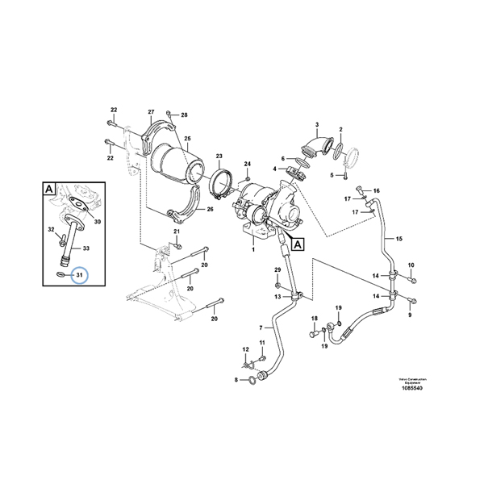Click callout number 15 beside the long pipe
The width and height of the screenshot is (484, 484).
[398, 240]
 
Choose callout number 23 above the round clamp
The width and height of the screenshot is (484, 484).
[219, 156]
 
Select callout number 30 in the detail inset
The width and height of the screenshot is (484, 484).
[97, 221]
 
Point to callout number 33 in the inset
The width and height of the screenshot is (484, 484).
[86, 248]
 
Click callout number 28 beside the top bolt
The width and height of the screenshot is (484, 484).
[183, 115]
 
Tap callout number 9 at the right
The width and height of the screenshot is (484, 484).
[410, 315]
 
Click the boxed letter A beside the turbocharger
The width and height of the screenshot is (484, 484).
[298, 242]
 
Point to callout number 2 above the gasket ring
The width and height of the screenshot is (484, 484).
[340, 129]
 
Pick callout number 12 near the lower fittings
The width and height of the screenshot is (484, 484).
[246, 349]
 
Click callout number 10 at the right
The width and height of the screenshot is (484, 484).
[410, 265]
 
